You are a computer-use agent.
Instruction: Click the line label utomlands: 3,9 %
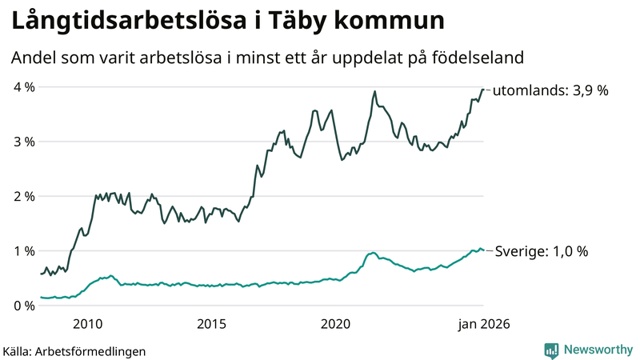550,91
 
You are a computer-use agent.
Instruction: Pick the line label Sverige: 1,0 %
541,251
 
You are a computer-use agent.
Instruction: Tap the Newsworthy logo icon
551,350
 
